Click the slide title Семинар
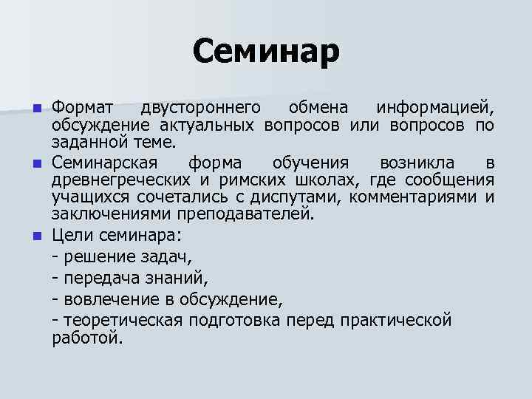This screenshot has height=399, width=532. click(266, 52)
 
